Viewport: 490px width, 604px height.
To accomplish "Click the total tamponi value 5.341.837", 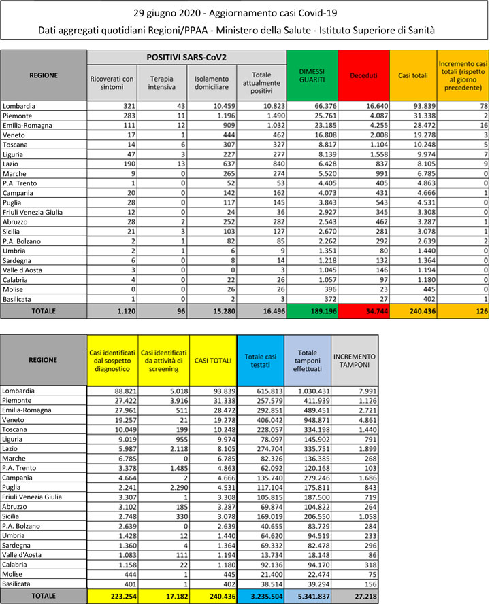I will pyautogui.click(x=307, y=595).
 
